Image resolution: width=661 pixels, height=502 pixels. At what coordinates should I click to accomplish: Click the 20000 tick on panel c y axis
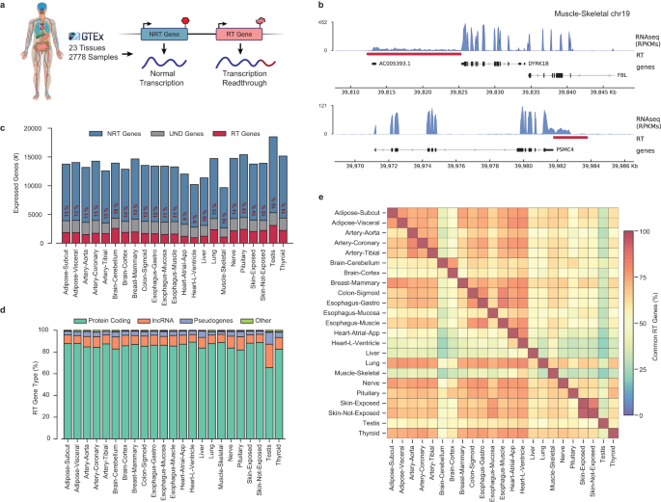tap(41, 128)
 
